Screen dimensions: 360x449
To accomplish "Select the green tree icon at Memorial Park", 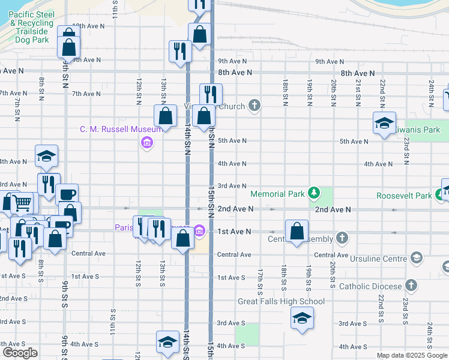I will tap(313, 193).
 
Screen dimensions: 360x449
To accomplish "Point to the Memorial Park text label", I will tap(277, 194).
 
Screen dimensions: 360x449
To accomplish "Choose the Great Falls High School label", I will tap(281, 302).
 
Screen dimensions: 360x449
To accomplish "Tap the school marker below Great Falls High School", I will tap(302, 318).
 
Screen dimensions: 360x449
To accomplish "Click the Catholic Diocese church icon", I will tap(411, 286).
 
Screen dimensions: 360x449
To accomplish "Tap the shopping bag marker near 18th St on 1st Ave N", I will tap(297, 232).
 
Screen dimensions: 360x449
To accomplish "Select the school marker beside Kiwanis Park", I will tap(384, 124).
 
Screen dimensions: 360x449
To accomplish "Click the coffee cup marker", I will tap(67, 195).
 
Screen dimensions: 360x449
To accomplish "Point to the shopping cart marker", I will tap(22, 204).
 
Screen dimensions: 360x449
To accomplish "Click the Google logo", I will tap(20, 353).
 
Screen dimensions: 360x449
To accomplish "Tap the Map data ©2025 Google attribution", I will tap(412, 355).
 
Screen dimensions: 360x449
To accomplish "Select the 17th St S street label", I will tap(260, 280).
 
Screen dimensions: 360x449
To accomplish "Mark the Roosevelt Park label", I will tap(404, 196).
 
